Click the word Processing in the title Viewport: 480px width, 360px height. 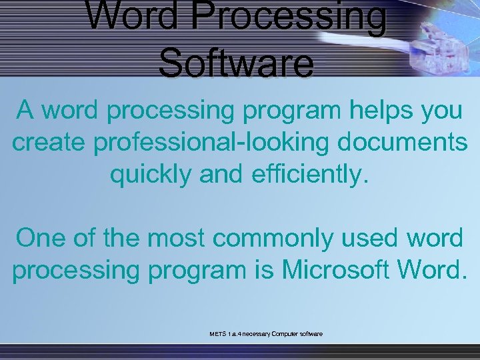pos(289,18)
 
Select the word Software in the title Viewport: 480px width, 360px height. pos(236,63)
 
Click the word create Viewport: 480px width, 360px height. pos(47,143)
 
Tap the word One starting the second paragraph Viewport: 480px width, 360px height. pos(41,239)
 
